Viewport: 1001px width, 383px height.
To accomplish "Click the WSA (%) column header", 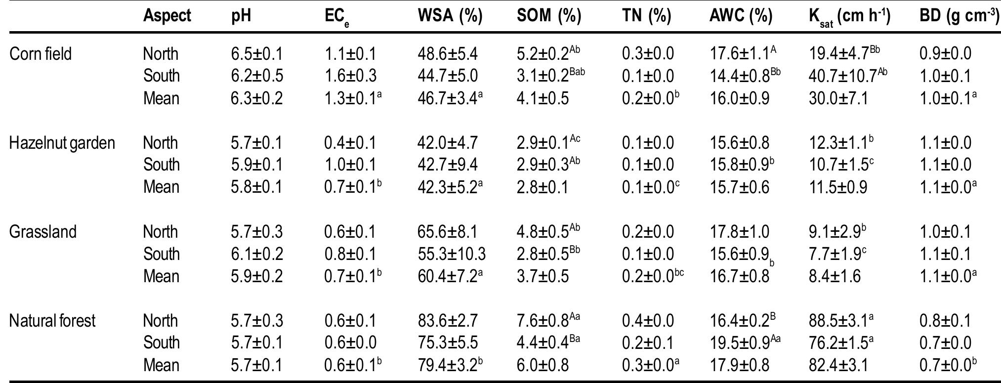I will (x=450, y=16).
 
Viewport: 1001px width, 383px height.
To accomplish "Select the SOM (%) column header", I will (x=549, y=16).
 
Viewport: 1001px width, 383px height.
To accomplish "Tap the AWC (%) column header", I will (x=740, y=16).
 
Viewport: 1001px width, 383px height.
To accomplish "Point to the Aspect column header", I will (x=167, y=16).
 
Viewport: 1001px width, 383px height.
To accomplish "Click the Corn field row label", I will (x=41, y=54).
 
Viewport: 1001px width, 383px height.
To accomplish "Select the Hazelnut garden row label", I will (x=62, y=143).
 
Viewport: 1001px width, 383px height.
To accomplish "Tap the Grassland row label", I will (x=42, y=232).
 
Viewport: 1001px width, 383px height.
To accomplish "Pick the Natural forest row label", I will (x=52, y=321).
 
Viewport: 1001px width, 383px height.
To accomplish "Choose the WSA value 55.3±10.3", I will (x=451, y=255).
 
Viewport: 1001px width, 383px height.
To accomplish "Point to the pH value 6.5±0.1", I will (x=257, y=54).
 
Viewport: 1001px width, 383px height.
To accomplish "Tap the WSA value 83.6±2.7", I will (x=448, y=321).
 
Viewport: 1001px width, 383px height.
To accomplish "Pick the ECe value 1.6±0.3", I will (x=350, y=76).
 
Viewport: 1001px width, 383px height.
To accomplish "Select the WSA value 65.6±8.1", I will (x=448, y=232).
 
